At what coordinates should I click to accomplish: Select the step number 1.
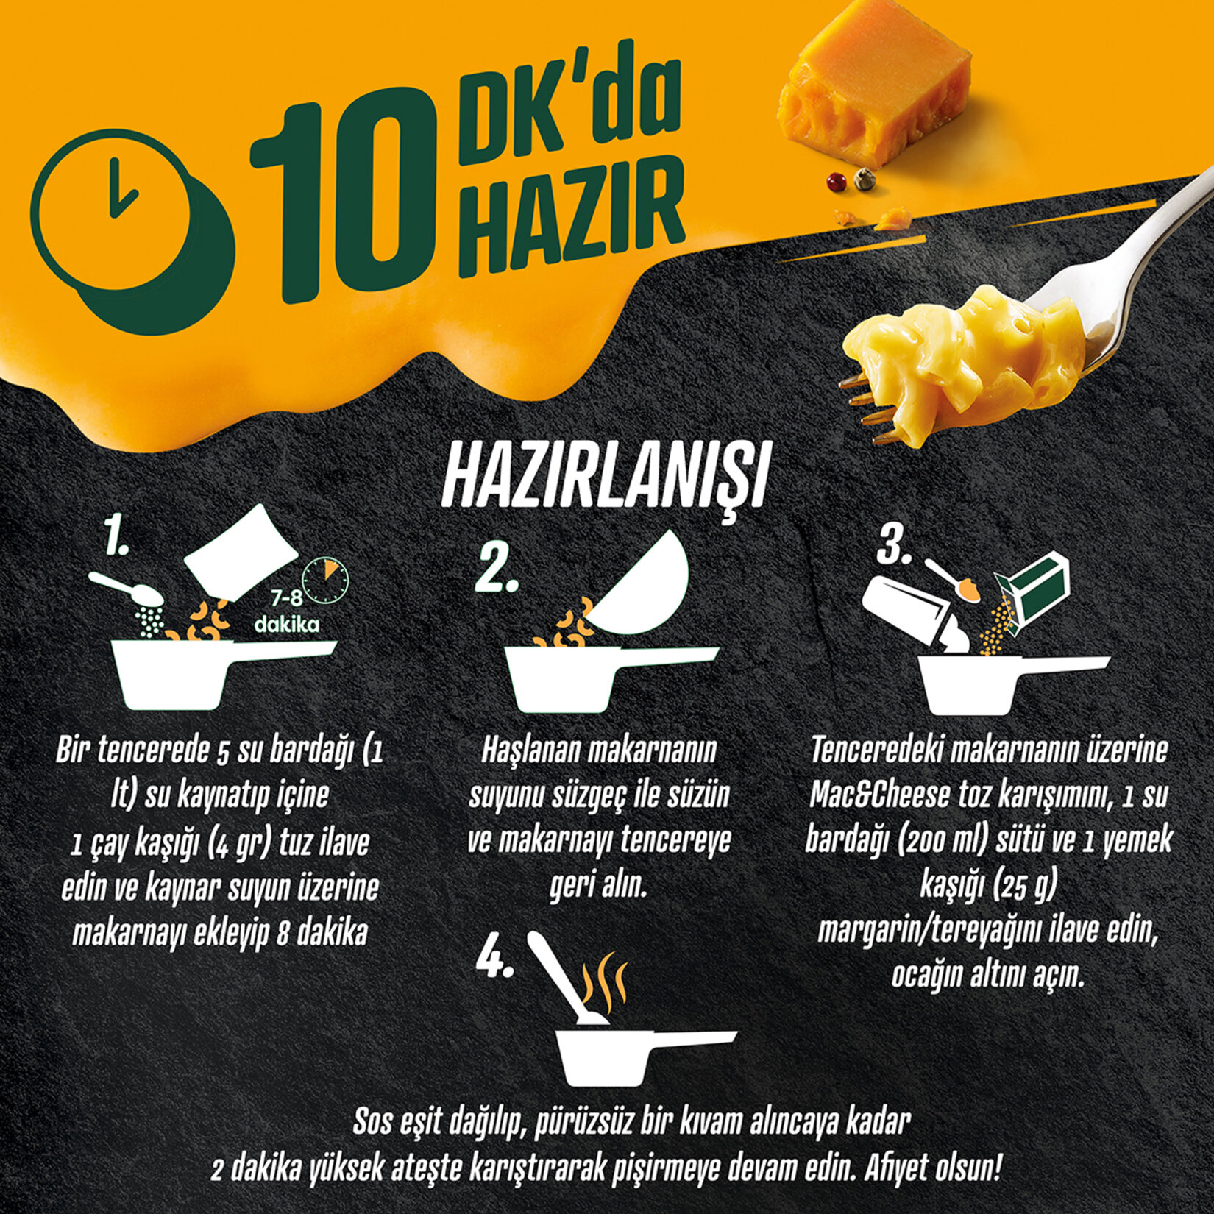pyautogui.click(x=118, y=535)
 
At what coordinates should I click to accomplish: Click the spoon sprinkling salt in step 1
pyautogui.click(x=125, y=589)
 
